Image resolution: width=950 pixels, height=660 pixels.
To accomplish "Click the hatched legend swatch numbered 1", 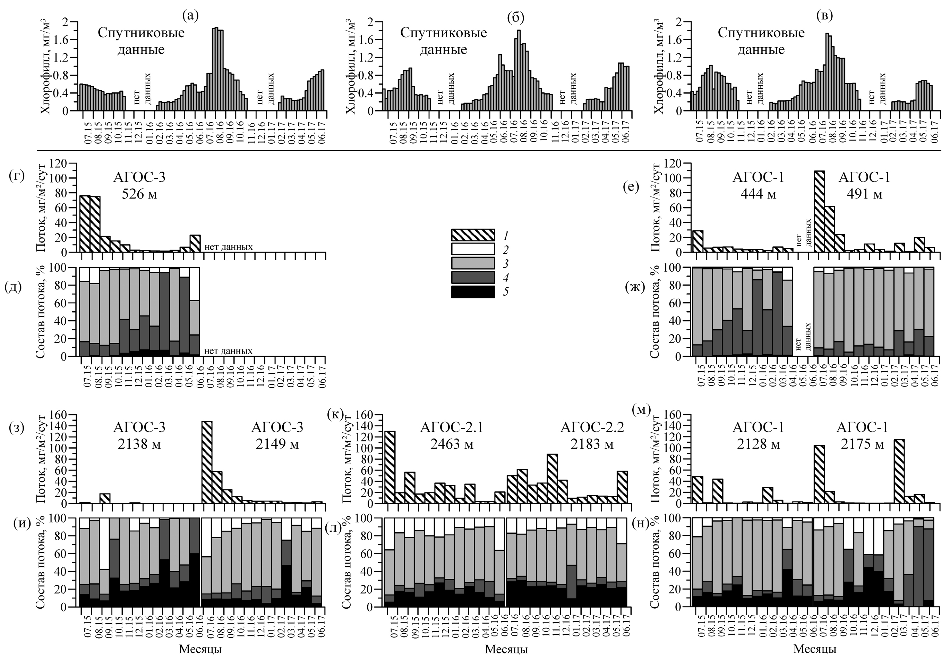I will pyautogui.click(x=473, y=235).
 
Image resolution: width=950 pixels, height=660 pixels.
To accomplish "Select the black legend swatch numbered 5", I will pyautogui.click(x=473, y=291).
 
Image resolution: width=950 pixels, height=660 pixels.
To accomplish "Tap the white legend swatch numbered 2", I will pyautogui.click(x=473, y=249).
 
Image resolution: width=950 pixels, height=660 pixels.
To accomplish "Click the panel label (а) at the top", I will pyautogui.click(x=190, y=15).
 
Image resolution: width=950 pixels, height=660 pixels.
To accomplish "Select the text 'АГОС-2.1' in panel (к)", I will pyautogui.click(x=451, y=428).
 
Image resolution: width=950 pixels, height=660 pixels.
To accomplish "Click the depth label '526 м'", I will pyautogui.click(x=140, y=194).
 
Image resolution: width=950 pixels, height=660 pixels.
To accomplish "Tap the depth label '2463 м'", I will pyautogui.click(x=451, y=445).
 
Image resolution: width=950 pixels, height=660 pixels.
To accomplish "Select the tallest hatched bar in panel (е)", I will pyautogui.click(x=819, y=211).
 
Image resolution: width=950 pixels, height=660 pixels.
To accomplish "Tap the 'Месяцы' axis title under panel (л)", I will pyautogui.click(x=506, y=649).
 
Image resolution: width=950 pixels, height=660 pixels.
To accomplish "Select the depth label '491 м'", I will pyautogui.click(x=864, y=194).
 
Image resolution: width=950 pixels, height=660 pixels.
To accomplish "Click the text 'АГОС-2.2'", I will pyautogui.click(x=592, y=428).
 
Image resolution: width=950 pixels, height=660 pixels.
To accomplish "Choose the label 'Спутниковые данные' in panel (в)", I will pyautogui.click(x=761, y=41).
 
